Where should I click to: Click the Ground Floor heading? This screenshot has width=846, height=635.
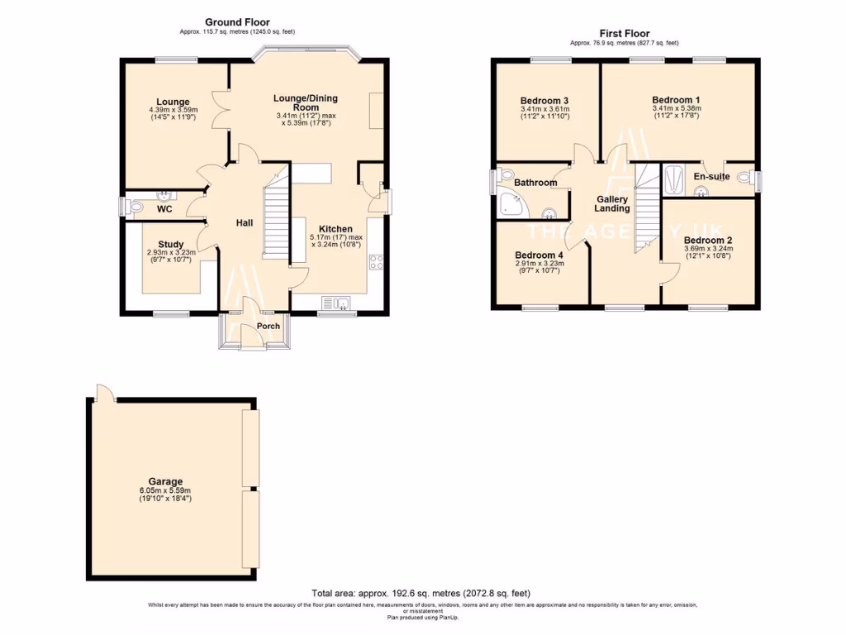pos(237,22)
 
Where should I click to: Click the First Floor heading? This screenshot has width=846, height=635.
pos(625,34)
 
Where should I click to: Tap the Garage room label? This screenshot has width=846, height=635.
pos(161,481)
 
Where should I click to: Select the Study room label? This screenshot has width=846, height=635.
pos(171,244)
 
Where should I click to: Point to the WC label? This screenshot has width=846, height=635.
pos(164,209)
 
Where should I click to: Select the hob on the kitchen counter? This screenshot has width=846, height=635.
pos(376,263)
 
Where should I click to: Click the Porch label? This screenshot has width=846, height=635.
pos(268,326)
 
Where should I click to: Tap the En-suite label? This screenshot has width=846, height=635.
pos(711,176)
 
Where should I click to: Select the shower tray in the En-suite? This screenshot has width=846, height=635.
pos(673,179)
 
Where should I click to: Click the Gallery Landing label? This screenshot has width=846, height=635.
pos(613,204)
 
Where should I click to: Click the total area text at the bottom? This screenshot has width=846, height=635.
pos(421,593)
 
